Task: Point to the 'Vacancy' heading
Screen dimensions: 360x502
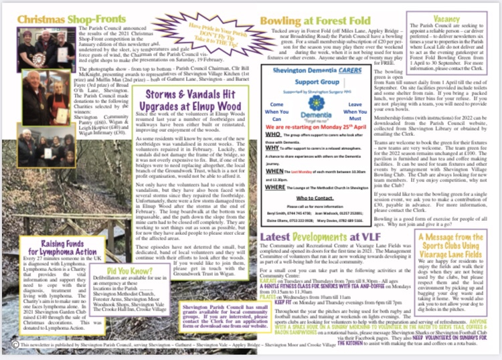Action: point(446,19)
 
